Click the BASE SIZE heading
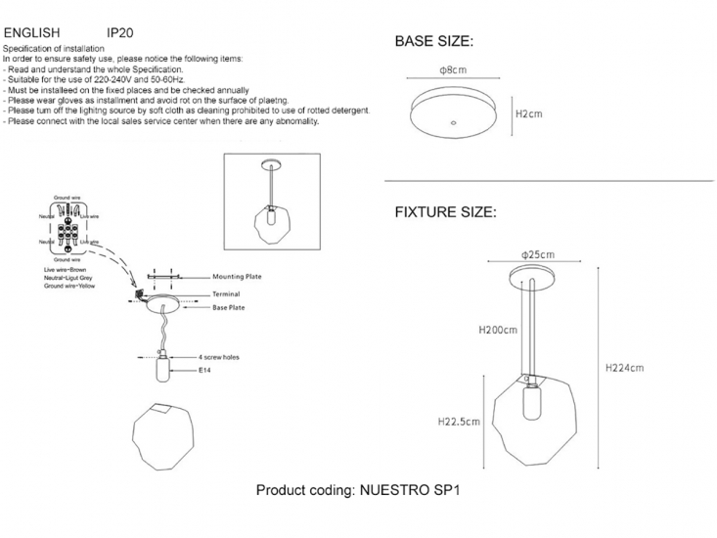coord(433,42)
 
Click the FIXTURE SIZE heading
coord(445,212)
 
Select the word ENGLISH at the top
coord(33,31)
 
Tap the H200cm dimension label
coord(498,330)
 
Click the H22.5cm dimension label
coord(459,422)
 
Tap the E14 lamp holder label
coord(206,372)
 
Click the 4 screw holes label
coord(219,358)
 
